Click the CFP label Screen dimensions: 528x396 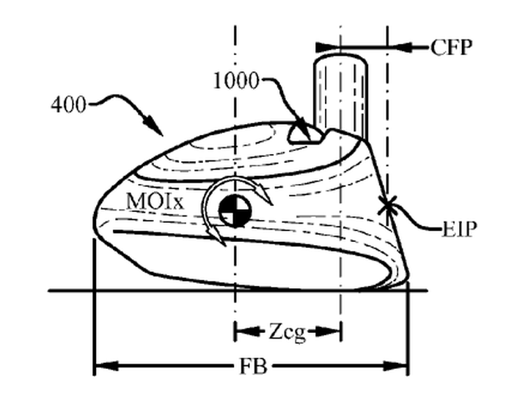451,47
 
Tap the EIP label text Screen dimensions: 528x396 459,230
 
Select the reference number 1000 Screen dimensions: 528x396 236,81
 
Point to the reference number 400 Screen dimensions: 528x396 68,104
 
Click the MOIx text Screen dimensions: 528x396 155,202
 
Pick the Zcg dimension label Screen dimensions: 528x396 287,333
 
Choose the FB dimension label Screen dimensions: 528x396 253,366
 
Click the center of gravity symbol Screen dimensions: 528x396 235,210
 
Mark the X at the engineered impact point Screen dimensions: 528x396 388,206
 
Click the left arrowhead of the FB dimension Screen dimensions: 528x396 107,366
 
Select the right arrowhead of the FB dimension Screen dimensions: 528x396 396,366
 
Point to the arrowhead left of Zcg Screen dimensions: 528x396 247,331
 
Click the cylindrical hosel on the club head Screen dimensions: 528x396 340,95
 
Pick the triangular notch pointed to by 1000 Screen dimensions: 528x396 303,135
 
